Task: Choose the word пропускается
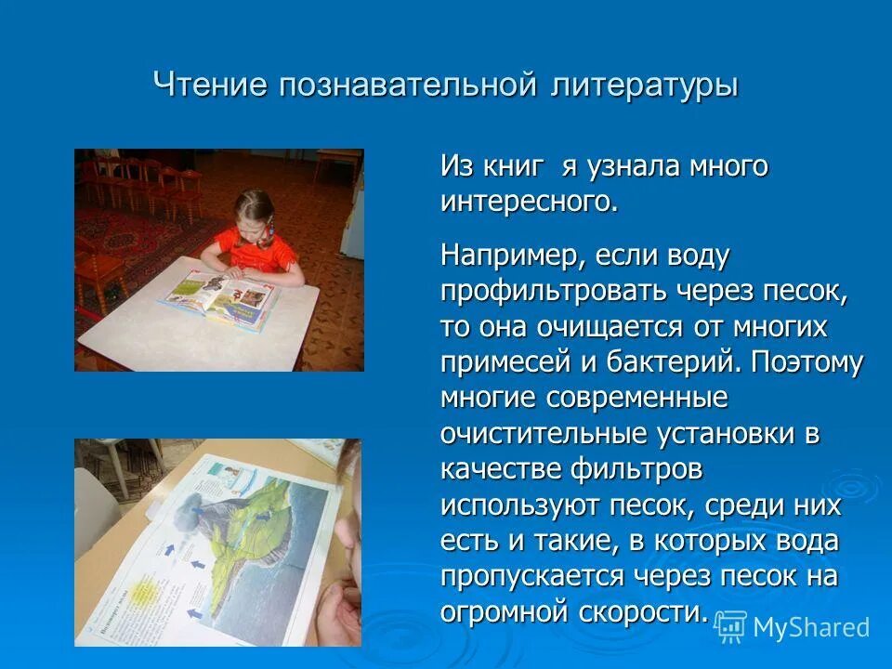coord(531,576)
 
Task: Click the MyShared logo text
coord(810,627)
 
